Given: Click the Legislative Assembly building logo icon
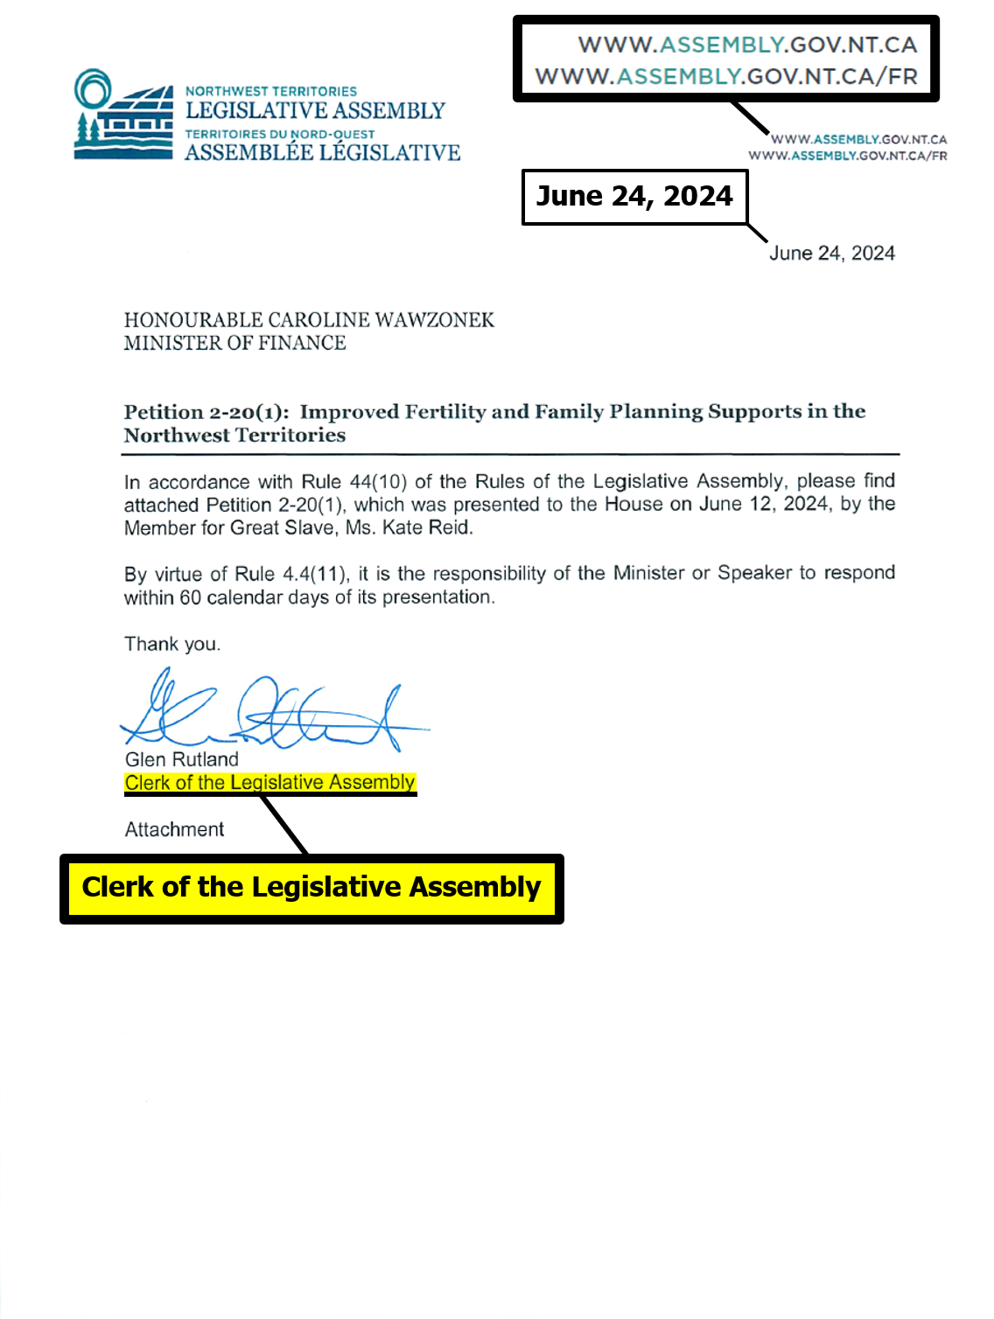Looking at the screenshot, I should point(122,115).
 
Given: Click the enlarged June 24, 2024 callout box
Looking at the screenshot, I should point(634,197).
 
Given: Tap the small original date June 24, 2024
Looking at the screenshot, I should point(832,254).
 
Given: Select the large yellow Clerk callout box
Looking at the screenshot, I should point(311,888).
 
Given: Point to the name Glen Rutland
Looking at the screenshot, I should point(182,759).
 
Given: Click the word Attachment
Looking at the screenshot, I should point(174,829).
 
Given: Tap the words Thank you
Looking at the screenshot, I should point(171,645).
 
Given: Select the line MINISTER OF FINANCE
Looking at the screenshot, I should point(234,343).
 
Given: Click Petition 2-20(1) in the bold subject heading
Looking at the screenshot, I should point(206,412).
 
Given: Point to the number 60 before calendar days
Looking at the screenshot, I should point(190,597).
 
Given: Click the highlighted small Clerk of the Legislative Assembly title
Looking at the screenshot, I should point(269,783).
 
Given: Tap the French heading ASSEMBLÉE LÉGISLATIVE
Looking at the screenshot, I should point(322,153).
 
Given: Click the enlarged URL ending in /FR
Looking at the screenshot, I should point(726,77).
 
